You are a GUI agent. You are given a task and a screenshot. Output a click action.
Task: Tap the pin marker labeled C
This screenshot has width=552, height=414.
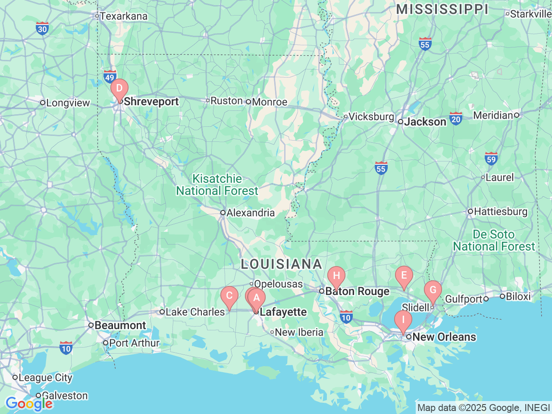tap(229, 296)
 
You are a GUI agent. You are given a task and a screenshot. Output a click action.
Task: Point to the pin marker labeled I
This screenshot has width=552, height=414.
tap(403, 320)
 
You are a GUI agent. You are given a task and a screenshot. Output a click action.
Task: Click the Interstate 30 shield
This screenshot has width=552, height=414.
tap(42, 29)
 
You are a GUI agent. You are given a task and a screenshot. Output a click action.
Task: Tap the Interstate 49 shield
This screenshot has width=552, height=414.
tap(110, 77)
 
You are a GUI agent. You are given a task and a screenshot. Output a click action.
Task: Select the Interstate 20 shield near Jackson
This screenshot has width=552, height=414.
tap(456, 119)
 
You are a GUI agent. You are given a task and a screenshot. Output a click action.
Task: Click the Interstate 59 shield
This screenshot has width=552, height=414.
tap(491, 159)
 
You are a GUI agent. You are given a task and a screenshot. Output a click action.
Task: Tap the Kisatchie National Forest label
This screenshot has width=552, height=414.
tap(217, 185)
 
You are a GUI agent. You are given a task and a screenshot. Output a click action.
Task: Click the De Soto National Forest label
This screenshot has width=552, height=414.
tap(494, 240)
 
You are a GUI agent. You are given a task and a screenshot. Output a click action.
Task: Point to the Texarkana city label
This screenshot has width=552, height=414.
tap(123, 16)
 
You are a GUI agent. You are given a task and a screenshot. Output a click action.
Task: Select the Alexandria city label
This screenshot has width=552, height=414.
tap(251, 213)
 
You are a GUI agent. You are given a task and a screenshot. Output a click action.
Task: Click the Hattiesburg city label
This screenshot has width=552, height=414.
tap(500, 212)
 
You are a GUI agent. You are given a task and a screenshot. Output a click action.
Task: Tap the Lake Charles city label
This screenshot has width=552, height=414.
tap(195, 312)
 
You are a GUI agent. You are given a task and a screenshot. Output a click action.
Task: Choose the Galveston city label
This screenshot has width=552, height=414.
tap(65, 395)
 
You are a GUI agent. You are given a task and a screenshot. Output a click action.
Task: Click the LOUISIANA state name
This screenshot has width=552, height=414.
tap(281, 264)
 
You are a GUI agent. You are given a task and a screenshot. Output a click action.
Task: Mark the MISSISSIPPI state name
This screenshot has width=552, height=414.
tap(442, 9)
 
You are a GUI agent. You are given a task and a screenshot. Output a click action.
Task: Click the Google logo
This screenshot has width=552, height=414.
tap(29, 404)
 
